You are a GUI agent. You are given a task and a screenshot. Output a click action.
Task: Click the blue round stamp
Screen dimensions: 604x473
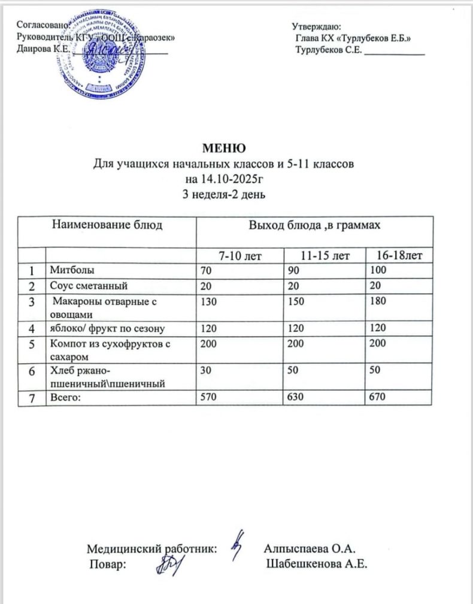tap(102, 53)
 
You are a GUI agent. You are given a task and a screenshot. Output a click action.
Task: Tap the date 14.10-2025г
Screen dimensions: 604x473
tap(225, 178)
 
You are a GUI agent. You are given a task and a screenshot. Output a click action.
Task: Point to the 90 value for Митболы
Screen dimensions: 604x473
tap(293, 271)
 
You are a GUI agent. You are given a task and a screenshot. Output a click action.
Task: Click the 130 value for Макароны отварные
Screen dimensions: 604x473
tap(209, 302)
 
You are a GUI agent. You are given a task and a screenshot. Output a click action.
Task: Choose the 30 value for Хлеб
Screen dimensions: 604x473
tap(207, 371)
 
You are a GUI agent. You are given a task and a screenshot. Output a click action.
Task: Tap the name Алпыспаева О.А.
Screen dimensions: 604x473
tap(310, 548)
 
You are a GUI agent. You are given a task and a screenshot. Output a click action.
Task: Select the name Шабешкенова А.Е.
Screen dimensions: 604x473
tap(316, 564)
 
